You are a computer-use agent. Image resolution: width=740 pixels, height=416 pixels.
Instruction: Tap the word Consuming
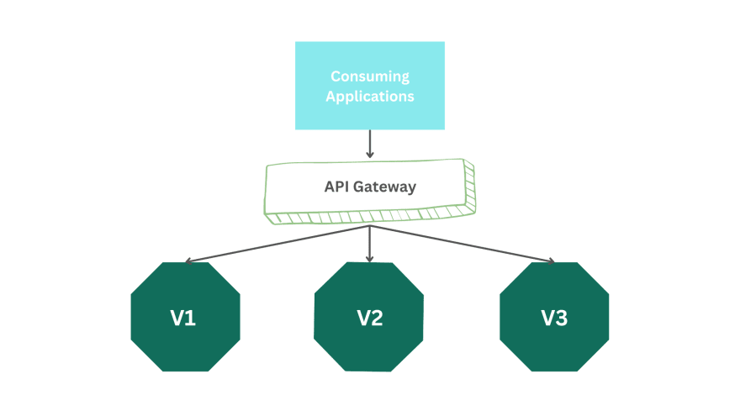point(370,76)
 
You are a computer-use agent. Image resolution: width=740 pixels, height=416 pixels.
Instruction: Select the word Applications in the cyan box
point(370,96)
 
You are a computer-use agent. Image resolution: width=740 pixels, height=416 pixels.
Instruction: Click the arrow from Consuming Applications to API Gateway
point(370,144)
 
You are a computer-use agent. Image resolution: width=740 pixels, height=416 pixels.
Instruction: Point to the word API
point(337,187)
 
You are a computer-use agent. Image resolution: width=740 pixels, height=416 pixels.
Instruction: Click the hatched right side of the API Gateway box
point(469,189)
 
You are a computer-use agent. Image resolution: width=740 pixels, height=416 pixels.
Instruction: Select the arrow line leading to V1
point(277,244)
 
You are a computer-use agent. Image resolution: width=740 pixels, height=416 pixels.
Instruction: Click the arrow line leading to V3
point(462,244)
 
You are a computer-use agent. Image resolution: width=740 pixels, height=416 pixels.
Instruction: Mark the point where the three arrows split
point(370,226)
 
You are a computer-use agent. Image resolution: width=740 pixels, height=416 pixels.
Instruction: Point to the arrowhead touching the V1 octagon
point(189,261)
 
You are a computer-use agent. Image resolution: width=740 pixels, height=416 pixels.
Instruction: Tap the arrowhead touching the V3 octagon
point(551,261)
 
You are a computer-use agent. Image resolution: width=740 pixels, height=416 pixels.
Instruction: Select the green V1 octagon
point(186,317)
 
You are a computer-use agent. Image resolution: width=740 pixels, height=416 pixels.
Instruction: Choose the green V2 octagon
point(369,317)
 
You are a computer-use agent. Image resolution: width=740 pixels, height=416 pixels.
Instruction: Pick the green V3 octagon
point(554,317)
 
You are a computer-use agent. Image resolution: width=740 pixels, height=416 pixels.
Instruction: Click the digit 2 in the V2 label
point(378,319)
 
